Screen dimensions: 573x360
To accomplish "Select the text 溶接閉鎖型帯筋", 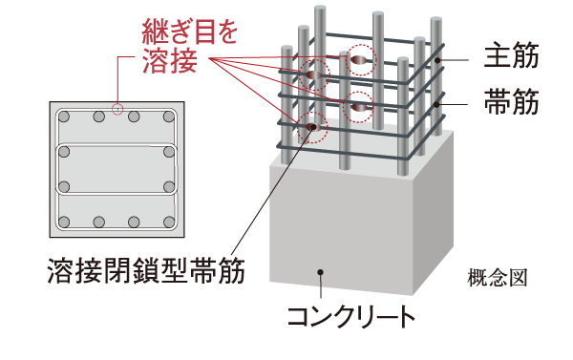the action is (145, 271).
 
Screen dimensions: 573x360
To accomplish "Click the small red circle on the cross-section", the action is (117, 108).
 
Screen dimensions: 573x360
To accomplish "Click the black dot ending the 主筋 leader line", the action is (440, 60).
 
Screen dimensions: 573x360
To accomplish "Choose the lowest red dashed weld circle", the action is (311, 125).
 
